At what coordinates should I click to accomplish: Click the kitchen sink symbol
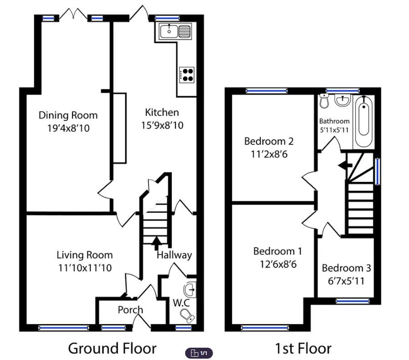point(175,31)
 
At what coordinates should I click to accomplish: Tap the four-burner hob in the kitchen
point(187,74)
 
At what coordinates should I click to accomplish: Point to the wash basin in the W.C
point(191,289)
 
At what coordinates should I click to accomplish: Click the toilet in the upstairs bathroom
point(324,101)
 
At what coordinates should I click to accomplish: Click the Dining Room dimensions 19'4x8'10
point(68,129)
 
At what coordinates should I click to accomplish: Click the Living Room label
point(84,255)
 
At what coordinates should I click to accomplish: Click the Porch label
point(130,310)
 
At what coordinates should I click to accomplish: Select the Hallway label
point(174,255)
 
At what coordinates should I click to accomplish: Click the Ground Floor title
point(112,349)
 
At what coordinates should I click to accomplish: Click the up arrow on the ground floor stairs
point(156,242)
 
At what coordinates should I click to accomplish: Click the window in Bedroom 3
point(353,301)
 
